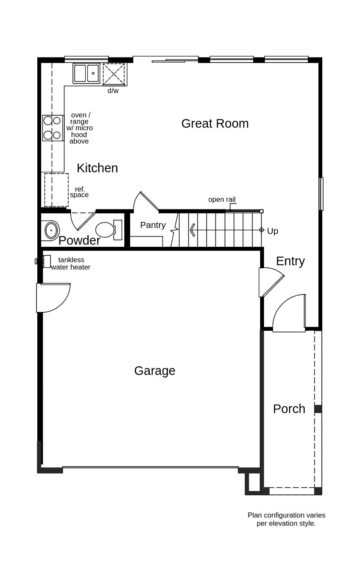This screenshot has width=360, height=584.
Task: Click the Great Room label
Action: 215,123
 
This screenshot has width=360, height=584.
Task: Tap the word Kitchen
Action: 97,168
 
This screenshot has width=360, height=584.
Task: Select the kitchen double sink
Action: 86,73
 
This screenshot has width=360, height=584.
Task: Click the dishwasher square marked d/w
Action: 114,75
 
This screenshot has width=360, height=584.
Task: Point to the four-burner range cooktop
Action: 52,128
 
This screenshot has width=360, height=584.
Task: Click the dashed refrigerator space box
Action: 56,190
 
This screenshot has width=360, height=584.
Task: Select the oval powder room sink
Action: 51,231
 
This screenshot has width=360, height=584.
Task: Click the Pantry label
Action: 153,225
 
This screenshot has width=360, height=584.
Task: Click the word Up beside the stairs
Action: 273,231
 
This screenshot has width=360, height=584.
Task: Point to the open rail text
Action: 222,200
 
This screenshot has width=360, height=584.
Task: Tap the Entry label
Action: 290,261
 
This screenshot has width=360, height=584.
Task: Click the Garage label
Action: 154,371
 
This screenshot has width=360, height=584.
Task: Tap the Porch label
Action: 289,409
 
